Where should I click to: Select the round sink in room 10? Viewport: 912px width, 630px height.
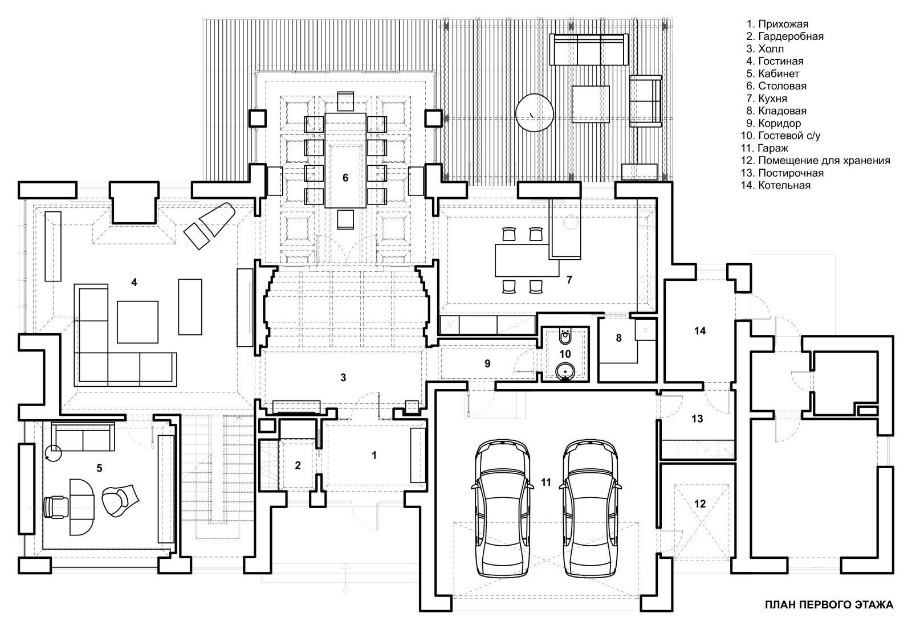(565, 372)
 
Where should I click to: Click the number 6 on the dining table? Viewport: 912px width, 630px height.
(345, 178)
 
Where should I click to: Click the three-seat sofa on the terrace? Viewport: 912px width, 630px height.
(587, 50)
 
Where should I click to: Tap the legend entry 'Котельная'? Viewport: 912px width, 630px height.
(784, 186)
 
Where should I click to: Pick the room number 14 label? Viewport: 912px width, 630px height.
(700, 330)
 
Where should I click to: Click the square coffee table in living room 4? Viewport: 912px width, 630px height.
(137, 321)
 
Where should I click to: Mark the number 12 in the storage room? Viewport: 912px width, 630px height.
(700, 504)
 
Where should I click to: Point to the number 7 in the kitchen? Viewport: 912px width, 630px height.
(569, 279)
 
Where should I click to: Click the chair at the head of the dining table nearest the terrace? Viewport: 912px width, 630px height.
(345, 101)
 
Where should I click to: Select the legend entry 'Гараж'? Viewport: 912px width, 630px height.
(773, 148)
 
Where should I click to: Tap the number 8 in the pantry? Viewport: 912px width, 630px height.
(618, 338)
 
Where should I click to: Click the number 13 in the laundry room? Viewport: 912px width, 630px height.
(697, 419)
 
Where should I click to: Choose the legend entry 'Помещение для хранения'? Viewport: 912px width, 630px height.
(824, 161)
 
